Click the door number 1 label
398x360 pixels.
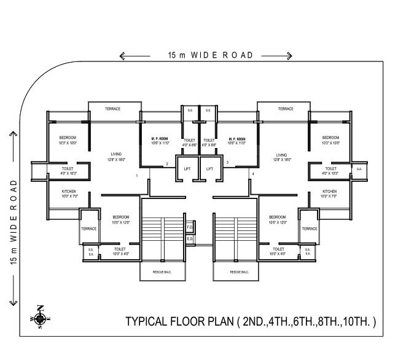(x=137, y=176)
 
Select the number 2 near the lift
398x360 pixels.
(x=166, y=163)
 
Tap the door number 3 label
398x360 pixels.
(x=227, y=163)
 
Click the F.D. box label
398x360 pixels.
(x=190, y=227)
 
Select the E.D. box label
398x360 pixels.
(x=190, y=238)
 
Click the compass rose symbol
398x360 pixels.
(x=40, y=318)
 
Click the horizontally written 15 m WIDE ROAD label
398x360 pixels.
(x=211, y=55)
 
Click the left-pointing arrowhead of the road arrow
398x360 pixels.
(x=122, y=57)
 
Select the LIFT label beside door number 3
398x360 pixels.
(x=209, y=168)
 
